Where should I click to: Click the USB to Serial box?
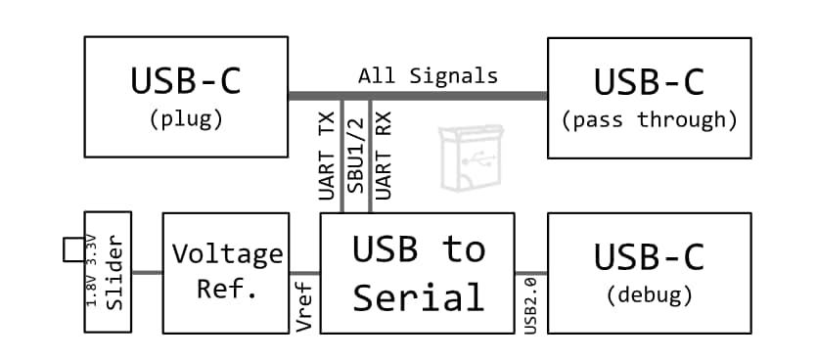tap(418, 272)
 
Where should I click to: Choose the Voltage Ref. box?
tap(226, 272)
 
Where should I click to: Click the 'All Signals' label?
tap(428, 75)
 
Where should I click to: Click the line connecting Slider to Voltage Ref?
tap(147, 272)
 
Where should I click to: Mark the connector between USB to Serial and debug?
tap(530, 273)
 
